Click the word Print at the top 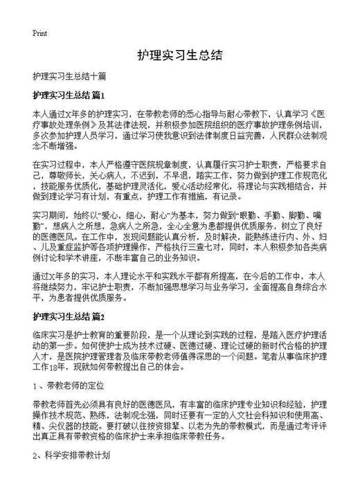pyautogui.click(x=39, y=33)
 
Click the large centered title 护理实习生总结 pyautogui.click(x=179, y=55)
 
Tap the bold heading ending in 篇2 pyautogui.click(x=68, y=318)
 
